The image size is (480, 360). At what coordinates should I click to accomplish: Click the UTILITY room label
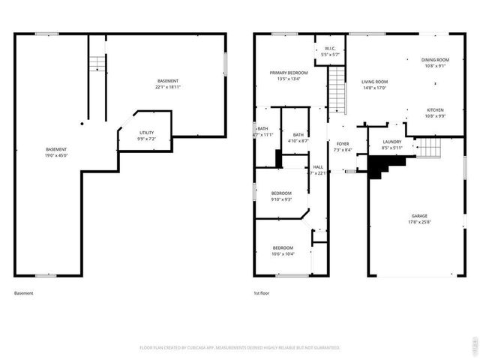coord(146,132)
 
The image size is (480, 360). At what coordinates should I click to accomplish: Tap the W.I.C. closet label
coord(330,49)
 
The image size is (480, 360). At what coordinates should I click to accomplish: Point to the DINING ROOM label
coord(434,59)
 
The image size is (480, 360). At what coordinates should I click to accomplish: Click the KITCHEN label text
coord(436,109)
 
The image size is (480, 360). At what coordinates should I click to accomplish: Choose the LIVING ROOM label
coord(374,82)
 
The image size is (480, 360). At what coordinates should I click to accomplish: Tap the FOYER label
coord(343,143)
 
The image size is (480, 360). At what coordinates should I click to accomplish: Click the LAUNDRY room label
coord(391,142)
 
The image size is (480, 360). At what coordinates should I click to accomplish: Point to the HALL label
coord(318,167)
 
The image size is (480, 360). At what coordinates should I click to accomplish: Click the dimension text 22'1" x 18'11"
coord(169,88)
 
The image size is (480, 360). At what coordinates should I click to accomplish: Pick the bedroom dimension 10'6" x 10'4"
coord(283,253)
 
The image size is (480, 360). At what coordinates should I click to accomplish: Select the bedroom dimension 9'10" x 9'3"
coord(281,199)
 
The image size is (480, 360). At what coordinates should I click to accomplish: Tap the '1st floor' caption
coord(262,293)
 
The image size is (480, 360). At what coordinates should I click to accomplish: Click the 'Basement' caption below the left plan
coord(24,293)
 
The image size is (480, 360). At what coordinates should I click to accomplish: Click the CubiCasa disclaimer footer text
coord(240,348)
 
